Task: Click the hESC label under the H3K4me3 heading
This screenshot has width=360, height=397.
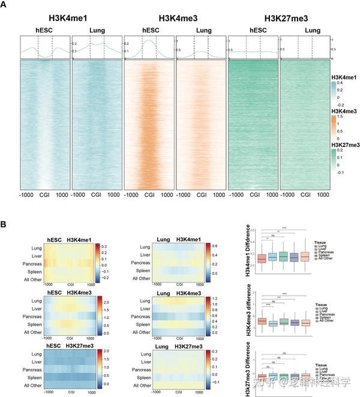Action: click(x=149, y=29)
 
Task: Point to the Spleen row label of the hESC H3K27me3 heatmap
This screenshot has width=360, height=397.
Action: click(x=31, y=378)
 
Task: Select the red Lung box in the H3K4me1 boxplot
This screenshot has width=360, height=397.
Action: click(x=262, y=259)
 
